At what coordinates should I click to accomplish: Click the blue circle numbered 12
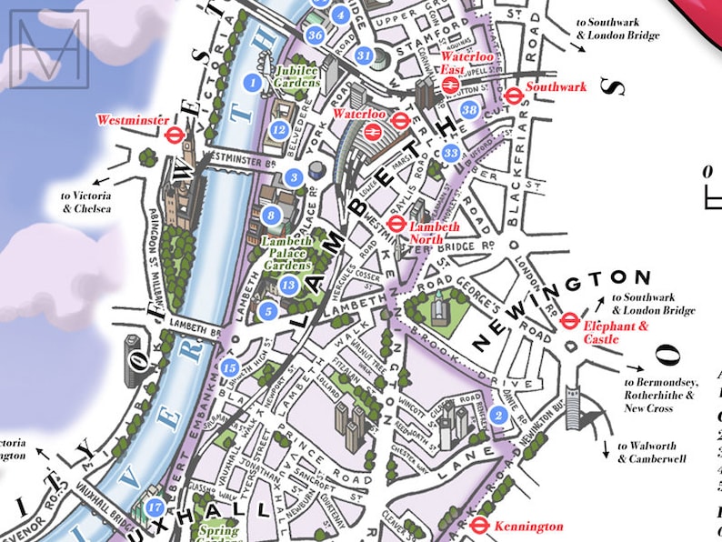(x=279, y=130)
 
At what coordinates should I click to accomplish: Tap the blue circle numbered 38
(x=469, y=110)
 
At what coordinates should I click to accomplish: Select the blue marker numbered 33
(x=451, y=153)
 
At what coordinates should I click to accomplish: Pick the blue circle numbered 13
(x=288, y=286)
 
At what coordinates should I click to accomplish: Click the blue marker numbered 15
(x=230, y=367)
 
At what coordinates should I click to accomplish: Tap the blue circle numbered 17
(x=155, y=507)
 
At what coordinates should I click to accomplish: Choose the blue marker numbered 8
(x=270, y=216)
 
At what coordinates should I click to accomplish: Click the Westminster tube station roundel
(x=175, y=135)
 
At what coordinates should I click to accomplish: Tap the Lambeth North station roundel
(x=396, y=224)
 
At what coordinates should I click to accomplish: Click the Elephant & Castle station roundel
(x=570, y=319)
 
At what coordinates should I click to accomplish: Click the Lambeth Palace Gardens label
(x=286, y=253)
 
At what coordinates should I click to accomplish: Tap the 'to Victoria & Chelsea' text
(x=86, y=202)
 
